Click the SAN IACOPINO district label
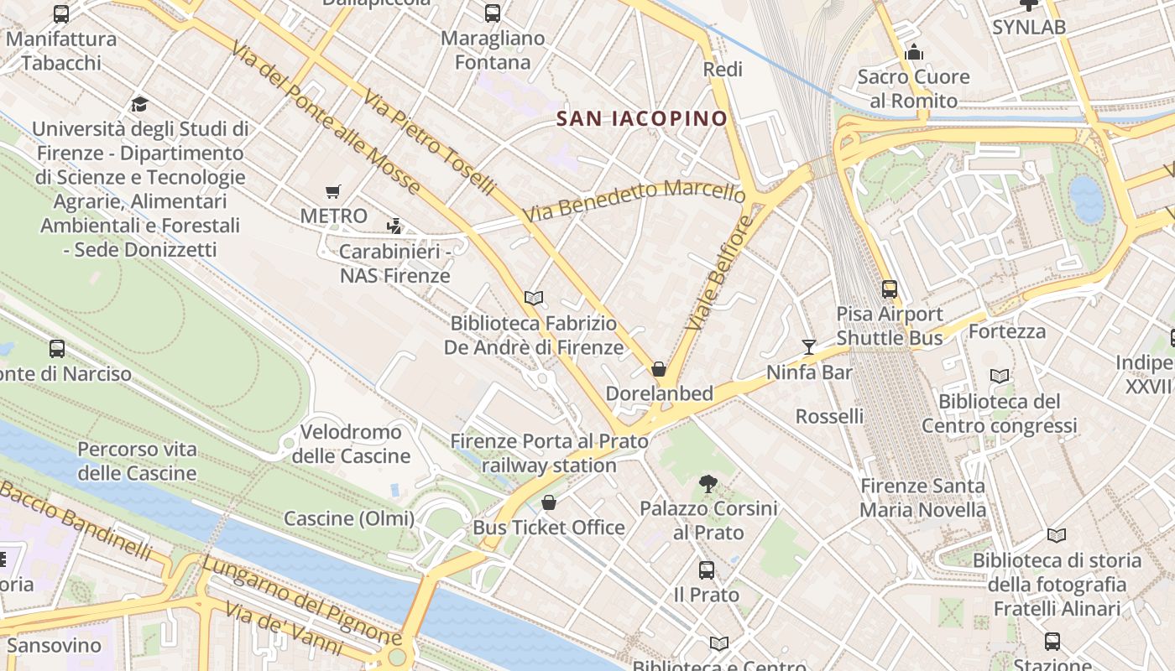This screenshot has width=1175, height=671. pyautogui.click(x=642, y=118)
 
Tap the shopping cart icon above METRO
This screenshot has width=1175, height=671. pyautogui.click(x=333, y=192)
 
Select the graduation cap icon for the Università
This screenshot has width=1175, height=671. pyautogui.click(x=140, y=105)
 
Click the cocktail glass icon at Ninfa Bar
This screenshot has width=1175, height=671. pyautogui.click(x=808, y=347)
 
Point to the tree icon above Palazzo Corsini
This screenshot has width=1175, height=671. pyautogui.click(x=708, y=483)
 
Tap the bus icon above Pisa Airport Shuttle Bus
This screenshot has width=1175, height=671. pyautogui.click(x=890, y=289)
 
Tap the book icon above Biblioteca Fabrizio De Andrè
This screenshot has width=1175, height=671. pyautogui.click(x=534, y=298)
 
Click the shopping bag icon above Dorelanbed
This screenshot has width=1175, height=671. pyautogui.click(x=660, y=369)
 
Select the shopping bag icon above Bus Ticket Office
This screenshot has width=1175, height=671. pyautogui.click(x=549, y=502)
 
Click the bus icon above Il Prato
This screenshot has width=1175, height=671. pyautogui.click(x=707, y=570)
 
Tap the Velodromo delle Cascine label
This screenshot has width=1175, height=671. pyautogui.click(x=351, y=445)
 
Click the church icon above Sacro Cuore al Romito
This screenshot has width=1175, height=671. pyautogui.click(x=914, y=53)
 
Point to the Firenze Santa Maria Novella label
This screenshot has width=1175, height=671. pyautogui.click(x=923, y=497)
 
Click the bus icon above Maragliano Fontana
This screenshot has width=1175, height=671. pyautogui.click(x=493, y=13)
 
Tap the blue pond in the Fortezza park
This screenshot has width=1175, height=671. pyautogui.click(x=1087, y=199)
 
